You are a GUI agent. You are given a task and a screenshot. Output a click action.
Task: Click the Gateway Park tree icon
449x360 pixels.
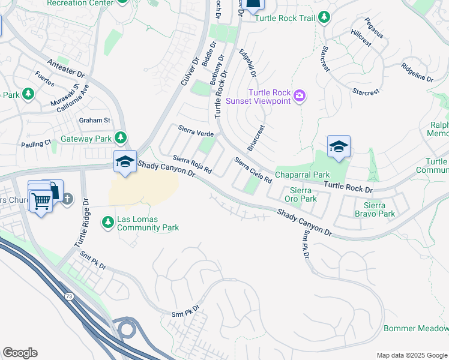pos(121,139)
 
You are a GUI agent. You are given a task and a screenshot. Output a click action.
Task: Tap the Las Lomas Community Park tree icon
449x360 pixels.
pos(108,223)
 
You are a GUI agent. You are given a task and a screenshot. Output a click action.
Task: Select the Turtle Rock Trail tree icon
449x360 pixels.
pos(324,18)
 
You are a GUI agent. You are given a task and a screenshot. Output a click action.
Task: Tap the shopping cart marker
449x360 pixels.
pos(41,202)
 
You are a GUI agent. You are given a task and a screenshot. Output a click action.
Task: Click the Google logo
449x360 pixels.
pos(20,353)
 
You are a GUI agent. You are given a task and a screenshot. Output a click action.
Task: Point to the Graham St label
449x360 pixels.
pos(95,120)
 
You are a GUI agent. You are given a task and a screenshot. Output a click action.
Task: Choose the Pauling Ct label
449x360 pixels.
pos(36,144)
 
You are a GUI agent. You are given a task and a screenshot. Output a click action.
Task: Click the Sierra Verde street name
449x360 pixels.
pos(196,130)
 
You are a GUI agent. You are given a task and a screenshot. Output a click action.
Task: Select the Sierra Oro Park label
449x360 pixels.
pos(300,194)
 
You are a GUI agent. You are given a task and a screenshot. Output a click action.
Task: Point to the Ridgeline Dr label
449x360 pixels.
pos(417,73)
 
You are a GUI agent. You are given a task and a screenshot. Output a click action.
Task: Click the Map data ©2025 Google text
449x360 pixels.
pos(412,355)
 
